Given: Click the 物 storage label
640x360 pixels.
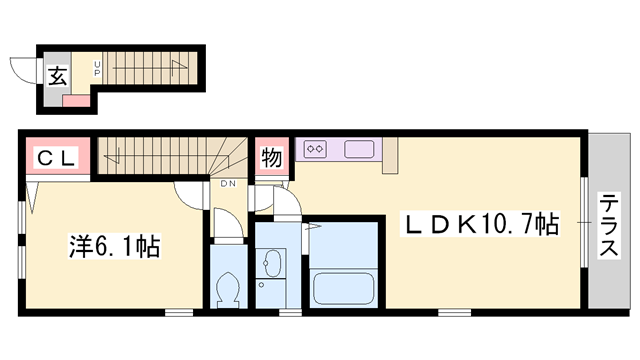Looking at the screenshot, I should pyautogui.click(x=270, y=156).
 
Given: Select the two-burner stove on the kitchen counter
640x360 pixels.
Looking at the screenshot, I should pyautogui.click(x=315, y=149).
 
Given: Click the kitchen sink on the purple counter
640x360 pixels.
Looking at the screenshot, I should pyautogui.click(x=359, y=150).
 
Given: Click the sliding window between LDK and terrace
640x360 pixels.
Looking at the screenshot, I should pyautogui.click(x=586, y=225).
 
